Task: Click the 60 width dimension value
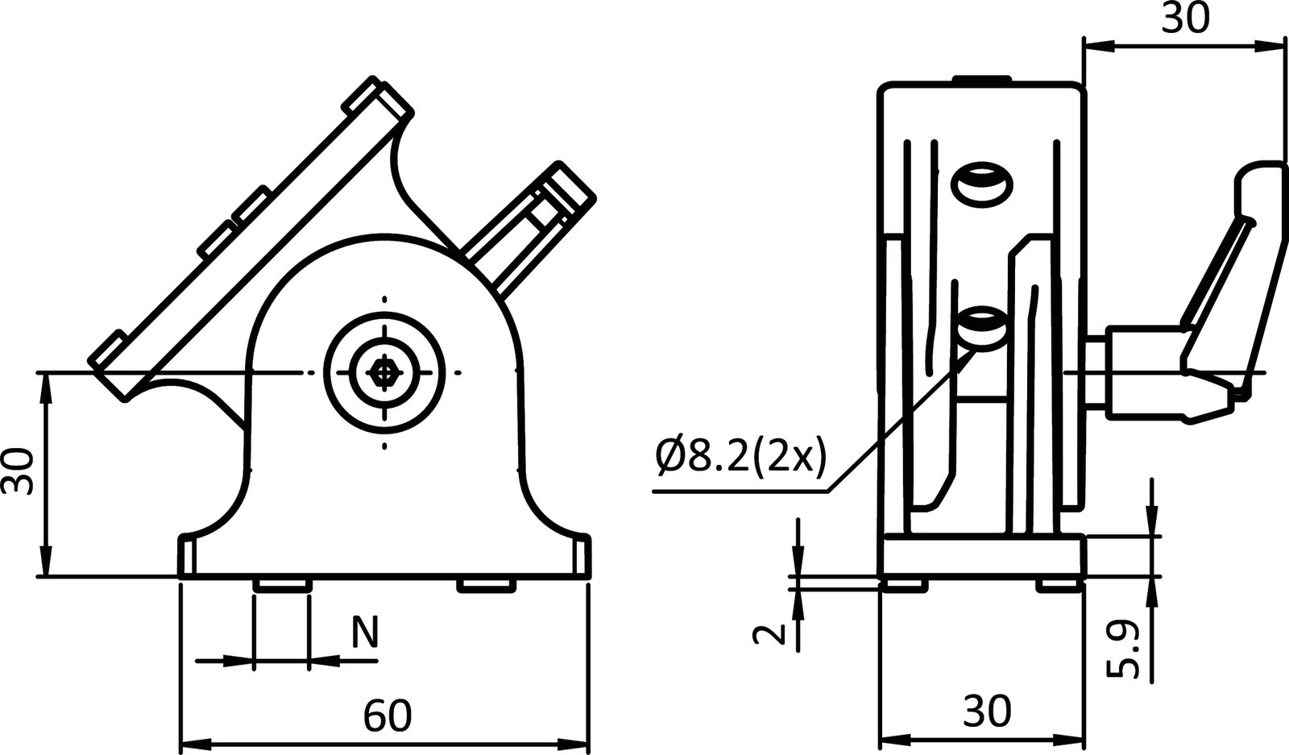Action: coord(387,716)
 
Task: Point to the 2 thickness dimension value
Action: coord(769,635)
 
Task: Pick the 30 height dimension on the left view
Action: coord(18,473)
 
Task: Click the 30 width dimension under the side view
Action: coord(987,711)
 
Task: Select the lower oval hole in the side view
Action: coord(982,326)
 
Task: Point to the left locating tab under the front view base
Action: coord(281,584)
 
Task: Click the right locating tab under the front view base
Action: coord(487,585)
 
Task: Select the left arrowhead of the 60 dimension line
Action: coord(189,742)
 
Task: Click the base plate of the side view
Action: coord(982,557)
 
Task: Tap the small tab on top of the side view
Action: coord(981,78)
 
